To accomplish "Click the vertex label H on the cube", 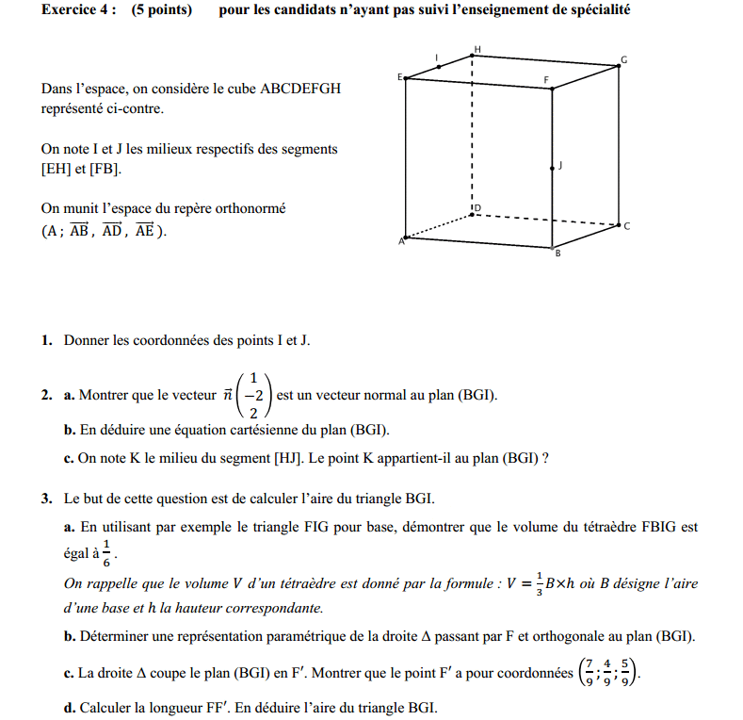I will pos(477,48).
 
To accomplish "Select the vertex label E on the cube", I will pos(399,76).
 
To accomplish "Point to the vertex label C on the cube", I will pos(626,226).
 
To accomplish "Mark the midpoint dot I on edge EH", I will pos(439,67).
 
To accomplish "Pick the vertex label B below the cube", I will pos(557,254).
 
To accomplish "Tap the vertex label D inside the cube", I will pos(477,206).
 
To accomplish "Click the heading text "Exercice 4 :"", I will pos(79,10).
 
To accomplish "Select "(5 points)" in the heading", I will pos(162,10).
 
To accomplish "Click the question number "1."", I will pos(46,340).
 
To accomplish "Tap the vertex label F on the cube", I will pos(546,79).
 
